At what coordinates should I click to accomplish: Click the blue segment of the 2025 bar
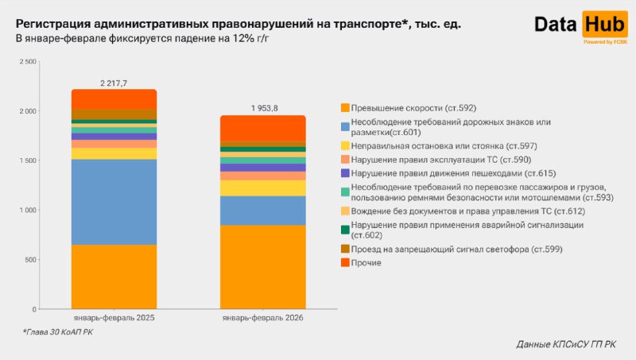[x=114, y=202]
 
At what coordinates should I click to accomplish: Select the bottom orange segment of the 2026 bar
[x=262, y=267]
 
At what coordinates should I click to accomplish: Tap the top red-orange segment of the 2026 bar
[x=262, y=128]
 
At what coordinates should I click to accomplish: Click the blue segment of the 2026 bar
[x=262, y=211]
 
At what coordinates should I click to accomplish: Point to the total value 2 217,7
[x=114, y=82]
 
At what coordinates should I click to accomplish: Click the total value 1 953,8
[x=262, y=108]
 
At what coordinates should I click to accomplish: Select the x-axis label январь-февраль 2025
[x=114, y=318]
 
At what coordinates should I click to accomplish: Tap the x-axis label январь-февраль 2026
[x=262, y=318]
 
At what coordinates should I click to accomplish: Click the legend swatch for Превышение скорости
[x=344, y=107]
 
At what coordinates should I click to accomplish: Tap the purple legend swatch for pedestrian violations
[x=344, y=172]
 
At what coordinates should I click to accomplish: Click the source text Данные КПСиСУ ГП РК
[x=565, y=344]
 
